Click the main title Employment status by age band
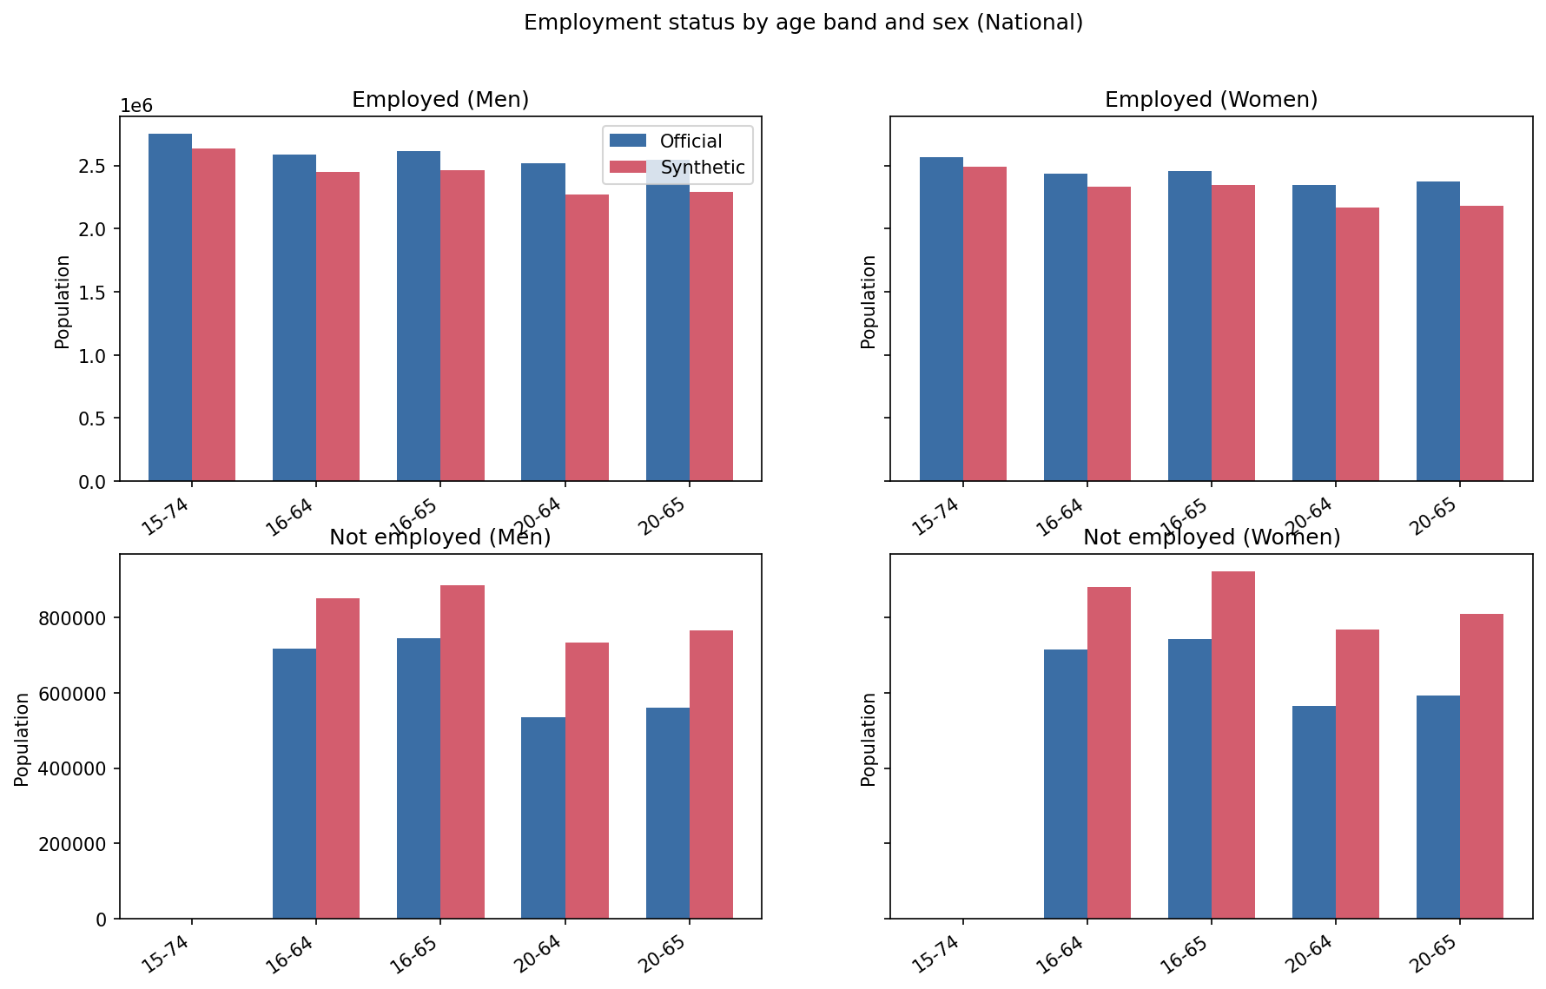pyautogui.click(x=803, y=23)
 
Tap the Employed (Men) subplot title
pyautogui.click(x=440, y=100)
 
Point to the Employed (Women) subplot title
pyautogui.click(x=1211, y=100)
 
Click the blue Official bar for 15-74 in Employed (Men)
pyautogui.click(x=170, y=307)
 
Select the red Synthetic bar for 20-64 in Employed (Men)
pyautogui.click(x=587, y=338)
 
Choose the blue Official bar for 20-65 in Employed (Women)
pyautogui.click(x=1437, y=331)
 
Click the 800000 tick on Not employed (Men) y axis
pyautogui.click(x=72, y=618)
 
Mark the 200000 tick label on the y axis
pyautogui.click(x=72, y=844)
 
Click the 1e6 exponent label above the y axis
pyautogui.click(x=135, y=106)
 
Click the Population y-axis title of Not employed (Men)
pyautogui.click(x=22, y=739)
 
